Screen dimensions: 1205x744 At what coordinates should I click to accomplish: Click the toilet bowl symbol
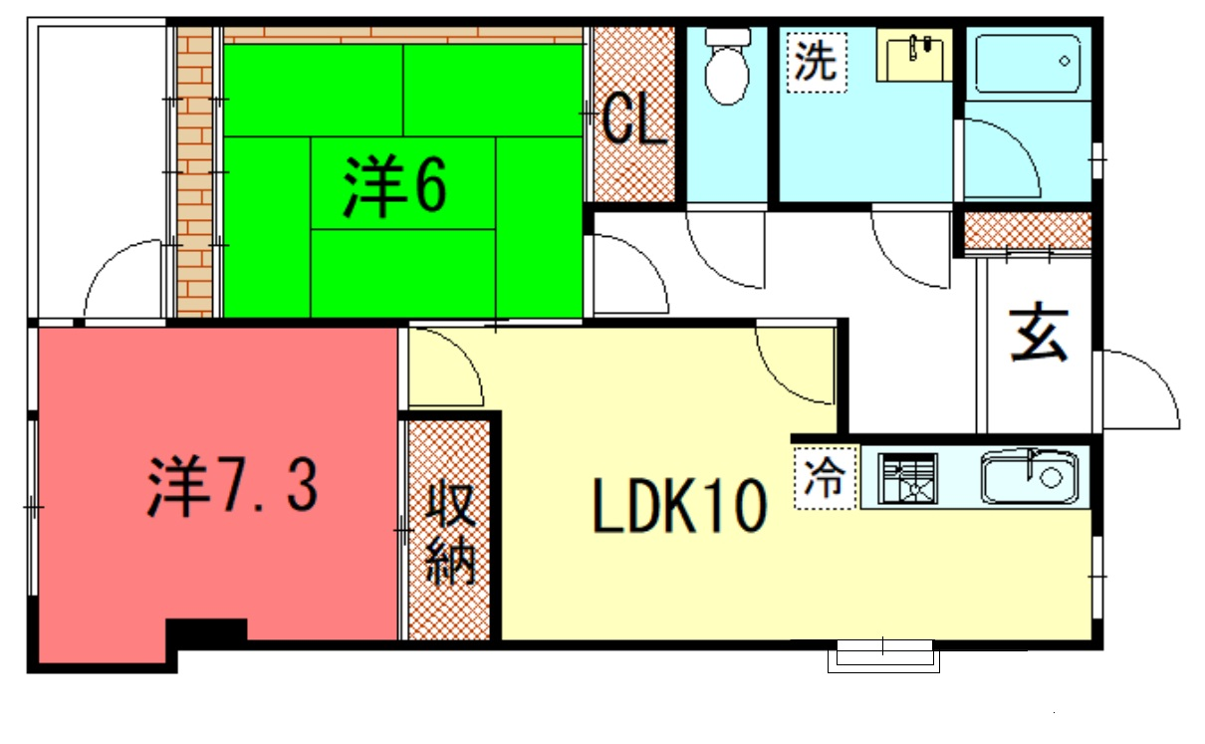tap(727, 66)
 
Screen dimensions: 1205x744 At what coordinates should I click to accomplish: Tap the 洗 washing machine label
tap(816, 62)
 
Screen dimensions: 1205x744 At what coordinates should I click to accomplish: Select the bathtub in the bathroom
tap(1028, 64)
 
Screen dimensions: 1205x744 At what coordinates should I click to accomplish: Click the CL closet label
tap(633, 122)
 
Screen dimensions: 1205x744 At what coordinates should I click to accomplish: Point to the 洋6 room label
tap(394, 186)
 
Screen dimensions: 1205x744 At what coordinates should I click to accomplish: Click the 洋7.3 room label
tap(233, 486)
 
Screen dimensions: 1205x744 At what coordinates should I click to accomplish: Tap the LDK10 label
tap(679, 506)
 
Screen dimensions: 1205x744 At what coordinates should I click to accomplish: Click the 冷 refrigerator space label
tap(825, 477)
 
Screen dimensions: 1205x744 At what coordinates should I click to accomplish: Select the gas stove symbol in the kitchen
tap(907, 478)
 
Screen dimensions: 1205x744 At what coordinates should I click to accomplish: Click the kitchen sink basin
tap(1030, 477)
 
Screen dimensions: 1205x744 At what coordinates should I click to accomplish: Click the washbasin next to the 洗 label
tap(914, 55)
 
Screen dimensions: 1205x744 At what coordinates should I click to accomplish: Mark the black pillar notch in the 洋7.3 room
tap(206, 629)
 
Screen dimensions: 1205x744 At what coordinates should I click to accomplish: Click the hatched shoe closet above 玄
tap(1028, 230)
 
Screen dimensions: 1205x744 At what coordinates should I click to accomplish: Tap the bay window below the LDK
tap(883, 656)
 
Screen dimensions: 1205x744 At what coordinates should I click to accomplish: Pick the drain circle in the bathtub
tap(1065, 62)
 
